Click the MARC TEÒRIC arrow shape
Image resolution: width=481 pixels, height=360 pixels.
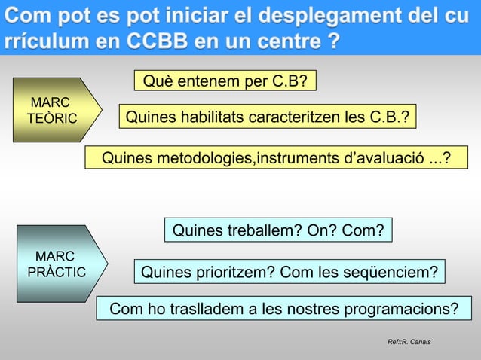tap(53, 110)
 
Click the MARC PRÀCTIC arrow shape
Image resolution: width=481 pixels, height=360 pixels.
tap(59, 264)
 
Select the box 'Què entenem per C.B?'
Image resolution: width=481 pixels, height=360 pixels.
tap(225, 80)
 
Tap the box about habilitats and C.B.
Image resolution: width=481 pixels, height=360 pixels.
tap(268, 117)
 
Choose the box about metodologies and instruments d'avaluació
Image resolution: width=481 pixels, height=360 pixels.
tap(276, 157)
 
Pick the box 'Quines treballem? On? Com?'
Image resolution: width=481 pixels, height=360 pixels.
tap(278, 230)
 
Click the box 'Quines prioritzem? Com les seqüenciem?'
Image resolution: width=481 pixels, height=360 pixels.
tap(290, 271)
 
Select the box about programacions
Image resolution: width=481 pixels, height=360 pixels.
tap(283, 309)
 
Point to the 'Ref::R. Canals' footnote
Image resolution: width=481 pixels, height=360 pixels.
tap(409, 343)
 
